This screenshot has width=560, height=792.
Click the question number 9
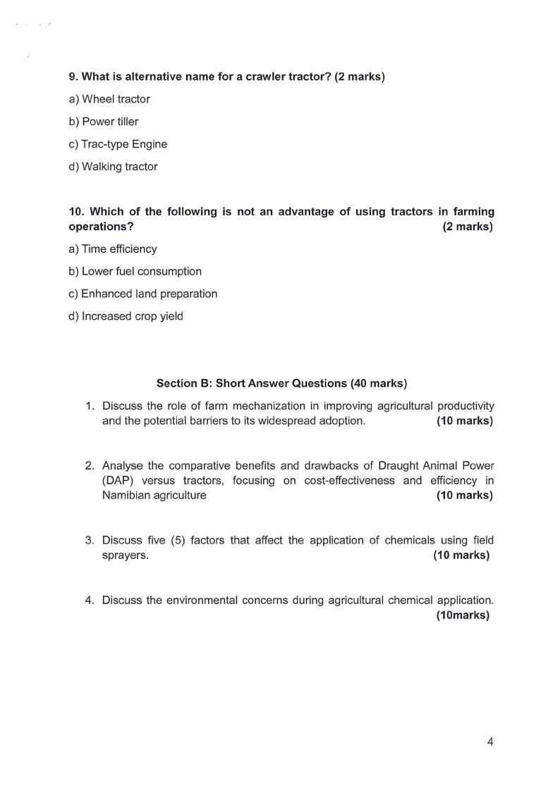click(x=73, y=77)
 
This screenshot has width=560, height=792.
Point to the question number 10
click(x=76, y=212)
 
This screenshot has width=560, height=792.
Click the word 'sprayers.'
click(x=126, y=556)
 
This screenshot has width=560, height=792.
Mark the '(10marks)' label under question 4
click(x=463, y=615)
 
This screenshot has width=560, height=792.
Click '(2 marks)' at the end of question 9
click(x=360, y=77)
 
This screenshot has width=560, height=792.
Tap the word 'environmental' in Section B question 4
click(x=216, y=601)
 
